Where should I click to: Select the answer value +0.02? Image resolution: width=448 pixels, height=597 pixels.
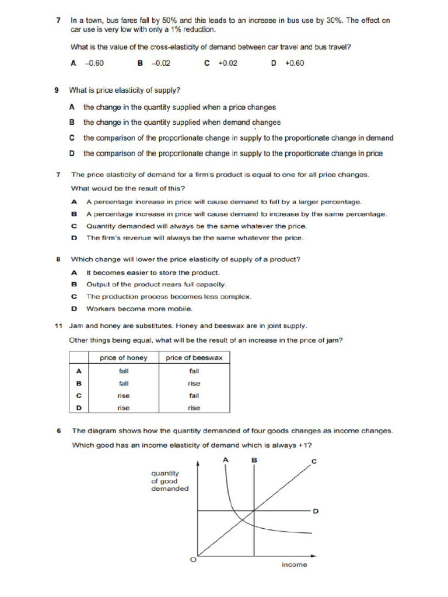(228, 64)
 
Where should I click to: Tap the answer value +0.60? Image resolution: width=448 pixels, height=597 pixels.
(295, 64)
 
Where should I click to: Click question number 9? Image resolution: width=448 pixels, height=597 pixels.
(57, 90)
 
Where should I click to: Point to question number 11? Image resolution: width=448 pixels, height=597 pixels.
(58, 326)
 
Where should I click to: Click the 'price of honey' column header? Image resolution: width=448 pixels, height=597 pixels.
(124, 358)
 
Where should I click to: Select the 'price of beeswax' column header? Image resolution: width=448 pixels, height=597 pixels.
(194, 358)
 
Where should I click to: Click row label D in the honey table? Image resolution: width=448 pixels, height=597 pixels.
(79, 408)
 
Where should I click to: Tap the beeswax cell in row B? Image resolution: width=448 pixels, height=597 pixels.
(194, 384)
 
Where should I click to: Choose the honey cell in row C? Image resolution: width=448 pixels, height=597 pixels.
(124, 396)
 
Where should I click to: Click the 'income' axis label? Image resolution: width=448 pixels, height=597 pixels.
(294, 565)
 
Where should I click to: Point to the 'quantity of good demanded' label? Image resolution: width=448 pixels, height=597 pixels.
(170, 481)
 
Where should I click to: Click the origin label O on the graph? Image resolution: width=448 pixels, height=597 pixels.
(193, 560)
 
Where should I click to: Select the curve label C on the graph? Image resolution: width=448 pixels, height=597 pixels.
(314, 462)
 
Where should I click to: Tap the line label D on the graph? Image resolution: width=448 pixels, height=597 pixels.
(316, 511)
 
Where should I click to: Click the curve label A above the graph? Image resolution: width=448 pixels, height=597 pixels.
(225, 460)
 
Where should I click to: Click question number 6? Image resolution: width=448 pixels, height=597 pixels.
(59, 431)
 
